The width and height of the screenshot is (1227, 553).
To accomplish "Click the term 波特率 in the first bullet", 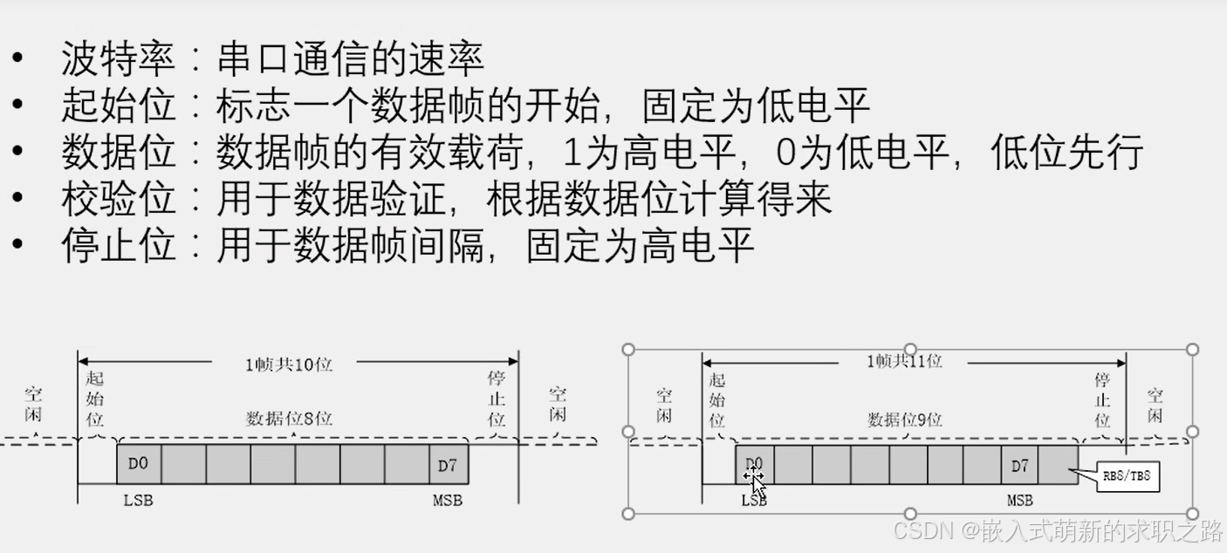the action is pos(119,59).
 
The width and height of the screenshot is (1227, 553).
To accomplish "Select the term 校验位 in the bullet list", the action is pos(119,199).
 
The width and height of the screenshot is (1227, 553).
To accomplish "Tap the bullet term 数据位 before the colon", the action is pos(119,153).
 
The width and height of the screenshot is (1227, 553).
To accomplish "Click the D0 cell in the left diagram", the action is pos(139,464).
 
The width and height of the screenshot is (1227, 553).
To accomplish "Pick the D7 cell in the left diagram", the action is pos(447,464).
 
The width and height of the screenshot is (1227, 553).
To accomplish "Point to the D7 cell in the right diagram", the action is pos(1019,466).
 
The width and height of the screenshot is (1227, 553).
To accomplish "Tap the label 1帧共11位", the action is pos(904,360).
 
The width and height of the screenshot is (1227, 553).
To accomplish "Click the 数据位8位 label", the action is pos(289,418).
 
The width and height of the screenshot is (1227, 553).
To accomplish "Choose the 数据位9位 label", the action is pos(904,420).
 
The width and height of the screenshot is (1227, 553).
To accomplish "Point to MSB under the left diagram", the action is pos(447,500).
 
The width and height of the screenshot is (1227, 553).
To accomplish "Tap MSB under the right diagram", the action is pos(1019,501).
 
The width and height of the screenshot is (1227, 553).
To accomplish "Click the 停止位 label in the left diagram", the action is pos(497,399).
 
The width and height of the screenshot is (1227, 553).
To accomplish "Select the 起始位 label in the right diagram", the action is pos(717,399).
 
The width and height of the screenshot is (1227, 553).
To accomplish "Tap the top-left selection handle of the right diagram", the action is pos(628,350).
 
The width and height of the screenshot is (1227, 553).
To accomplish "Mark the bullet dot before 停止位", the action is pos(18,245).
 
